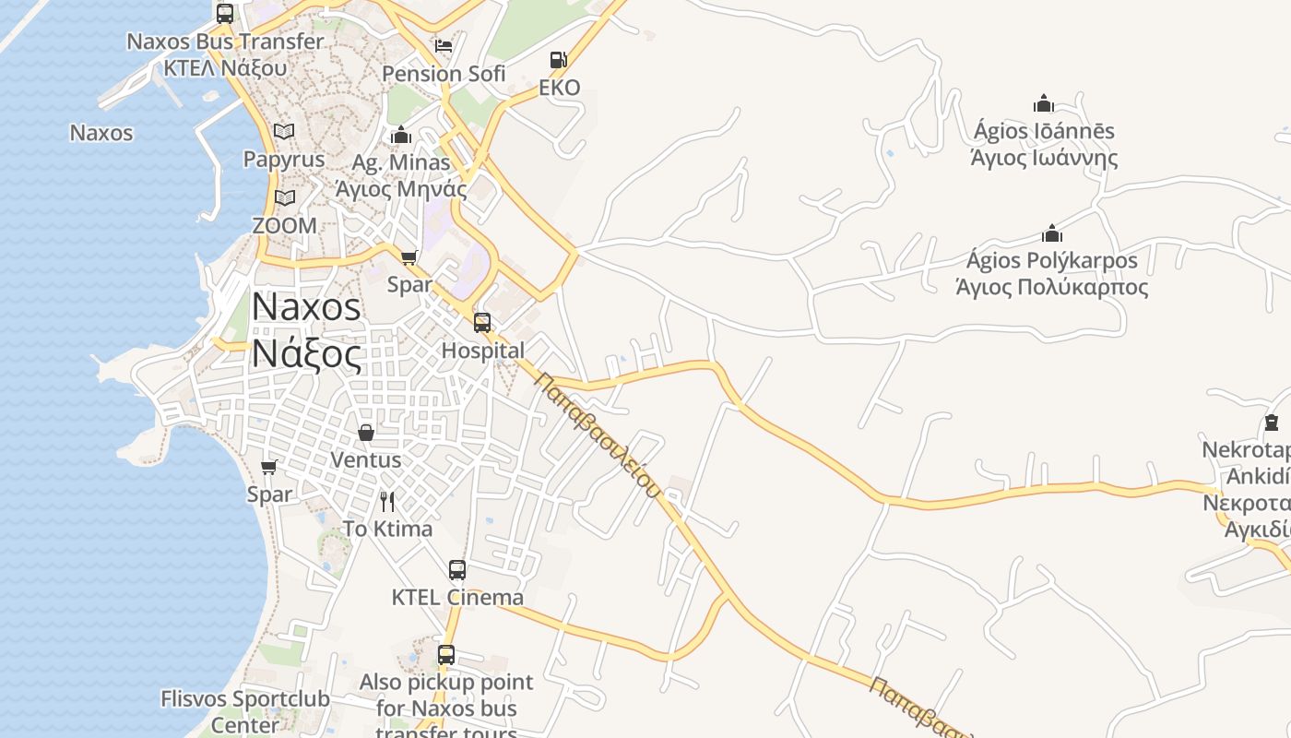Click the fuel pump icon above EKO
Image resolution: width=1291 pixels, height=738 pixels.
558,61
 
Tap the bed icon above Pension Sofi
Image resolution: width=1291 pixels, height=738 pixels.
444,45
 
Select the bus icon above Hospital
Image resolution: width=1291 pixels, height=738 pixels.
482,323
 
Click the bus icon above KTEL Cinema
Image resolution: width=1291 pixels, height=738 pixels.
457,570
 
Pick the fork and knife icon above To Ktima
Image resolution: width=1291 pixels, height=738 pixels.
387,502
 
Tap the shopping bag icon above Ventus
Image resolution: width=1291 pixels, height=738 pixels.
366,433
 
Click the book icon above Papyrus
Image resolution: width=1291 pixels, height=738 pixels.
284,132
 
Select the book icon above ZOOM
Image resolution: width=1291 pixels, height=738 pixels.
285,198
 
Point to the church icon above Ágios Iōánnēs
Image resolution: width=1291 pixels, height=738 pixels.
1044,103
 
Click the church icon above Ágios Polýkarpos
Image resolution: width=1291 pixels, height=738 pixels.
1052,233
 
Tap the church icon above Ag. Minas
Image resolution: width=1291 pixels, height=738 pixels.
401,136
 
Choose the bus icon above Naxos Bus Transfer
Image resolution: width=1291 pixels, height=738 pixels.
225,14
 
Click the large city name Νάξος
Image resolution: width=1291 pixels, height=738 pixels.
306,353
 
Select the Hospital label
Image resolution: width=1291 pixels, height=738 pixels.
482,351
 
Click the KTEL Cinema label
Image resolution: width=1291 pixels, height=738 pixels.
457,597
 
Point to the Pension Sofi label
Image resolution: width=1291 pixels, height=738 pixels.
444,73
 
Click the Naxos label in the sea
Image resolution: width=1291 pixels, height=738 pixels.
101,133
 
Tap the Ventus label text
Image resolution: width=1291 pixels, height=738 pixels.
366,459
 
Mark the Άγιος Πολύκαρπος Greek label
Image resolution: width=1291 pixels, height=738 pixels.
1052,287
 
